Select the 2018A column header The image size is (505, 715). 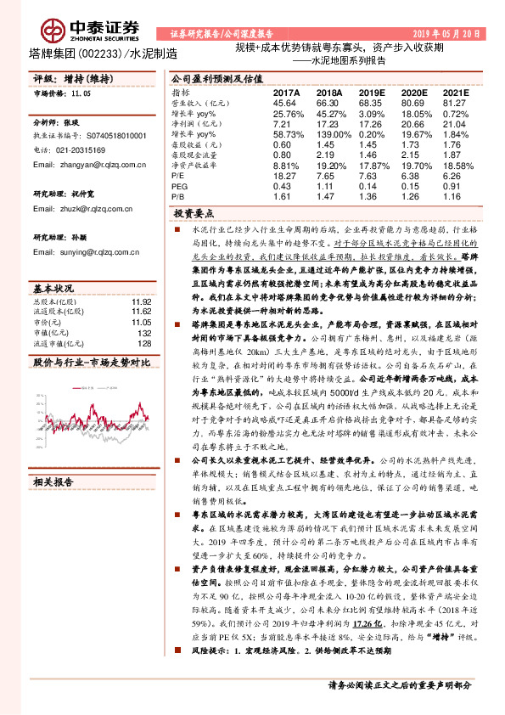[329, 93]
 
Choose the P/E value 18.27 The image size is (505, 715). [284, 177]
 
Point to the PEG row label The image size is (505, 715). [177, 185]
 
